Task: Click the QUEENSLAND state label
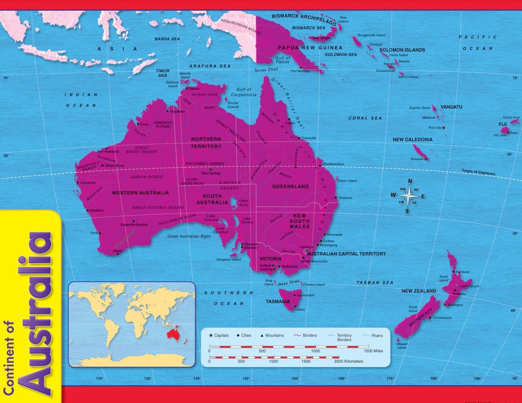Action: coord(290,187)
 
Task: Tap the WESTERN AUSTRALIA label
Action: coord(140,193)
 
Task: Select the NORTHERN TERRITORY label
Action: coord(206,142)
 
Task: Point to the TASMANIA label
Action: coord(278,301)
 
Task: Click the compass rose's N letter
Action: coord(410,181)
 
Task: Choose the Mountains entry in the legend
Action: coord(274,336)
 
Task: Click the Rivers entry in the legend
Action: coord(377,336)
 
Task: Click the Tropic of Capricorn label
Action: coord(478,172)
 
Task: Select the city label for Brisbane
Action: coord(345,197)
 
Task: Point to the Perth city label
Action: coord(94,233)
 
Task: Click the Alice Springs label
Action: coord(211,173)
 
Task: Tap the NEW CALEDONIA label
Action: coord(412,139)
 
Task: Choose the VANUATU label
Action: coord(451,107)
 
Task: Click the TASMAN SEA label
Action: coord(375,282)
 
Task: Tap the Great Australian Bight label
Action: coord(189,236)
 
